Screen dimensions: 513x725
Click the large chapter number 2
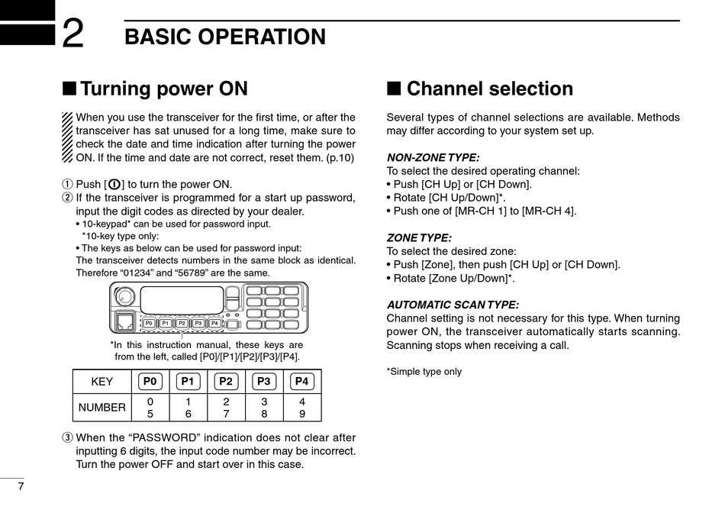[73, 34]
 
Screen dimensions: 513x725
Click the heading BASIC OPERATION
[225, 37]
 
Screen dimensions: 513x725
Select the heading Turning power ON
[163, 89]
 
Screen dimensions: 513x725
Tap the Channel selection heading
[489, 89]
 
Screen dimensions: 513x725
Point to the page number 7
[21, 487]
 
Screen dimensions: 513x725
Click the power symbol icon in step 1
[114, 185]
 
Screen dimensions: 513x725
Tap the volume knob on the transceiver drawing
[123, 297]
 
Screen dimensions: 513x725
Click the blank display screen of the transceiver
[182, 298]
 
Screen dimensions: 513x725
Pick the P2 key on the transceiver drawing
[182, 323]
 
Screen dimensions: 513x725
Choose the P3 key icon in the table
[264, 382]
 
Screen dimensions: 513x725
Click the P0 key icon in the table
[150, 382]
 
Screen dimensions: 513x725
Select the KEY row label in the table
[101, 382]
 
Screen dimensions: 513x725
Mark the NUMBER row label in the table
[101, 408]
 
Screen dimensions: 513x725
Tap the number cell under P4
[302, 408]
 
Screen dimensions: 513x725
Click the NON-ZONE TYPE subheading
[433, 158]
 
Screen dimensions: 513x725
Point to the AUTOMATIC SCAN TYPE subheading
[453, 305]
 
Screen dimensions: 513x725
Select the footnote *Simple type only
[424, 372]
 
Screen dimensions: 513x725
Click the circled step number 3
[66, 438]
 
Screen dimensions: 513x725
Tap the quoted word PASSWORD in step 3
[168, 438]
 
